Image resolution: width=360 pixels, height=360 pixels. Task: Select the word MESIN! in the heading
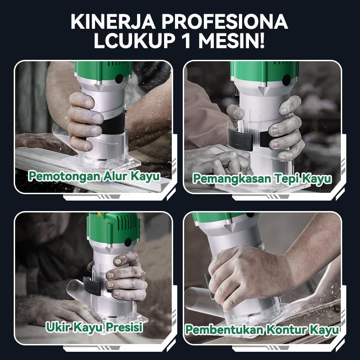coord(232,41)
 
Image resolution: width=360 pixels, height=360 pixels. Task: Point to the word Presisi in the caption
coord(124,327)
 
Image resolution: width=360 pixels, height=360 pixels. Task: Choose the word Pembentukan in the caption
coord(224,330)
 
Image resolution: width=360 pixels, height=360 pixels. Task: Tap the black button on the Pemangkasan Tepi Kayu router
coord(286,80)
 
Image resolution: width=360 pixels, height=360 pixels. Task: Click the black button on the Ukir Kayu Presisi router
coord(128,242)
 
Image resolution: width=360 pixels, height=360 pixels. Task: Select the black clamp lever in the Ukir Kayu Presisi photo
coord(92,286)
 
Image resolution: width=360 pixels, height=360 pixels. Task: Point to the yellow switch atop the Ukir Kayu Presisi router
coord(99,214)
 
